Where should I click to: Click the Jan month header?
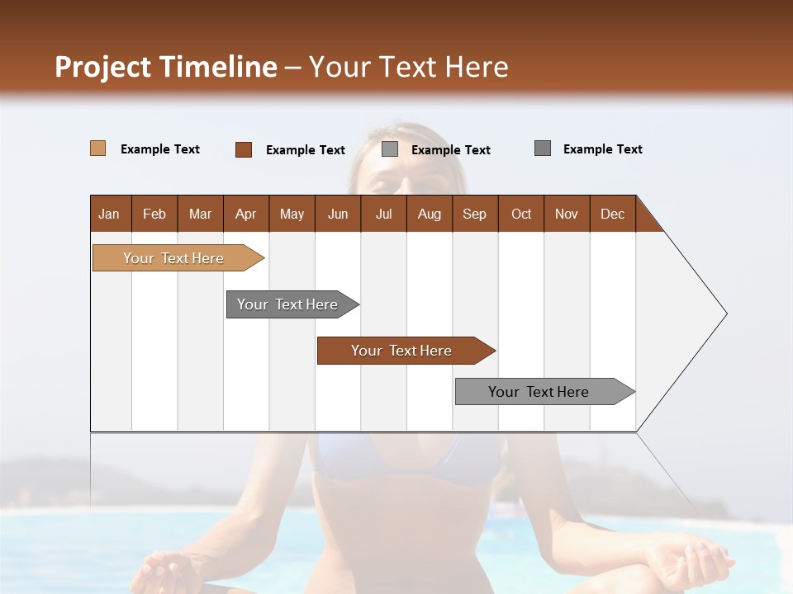(110, 214)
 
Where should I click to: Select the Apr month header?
(245, 214)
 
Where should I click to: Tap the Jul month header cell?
(383, 214)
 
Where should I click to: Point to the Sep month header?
(474, 214)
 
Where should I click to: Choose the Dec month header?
(612, 214)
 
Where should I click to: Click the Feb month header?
(154, 214)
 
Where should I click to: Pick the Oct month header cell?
(521, 214)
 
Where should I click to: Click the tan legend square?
(97, 148)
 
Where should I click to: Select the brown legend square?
(244, 149)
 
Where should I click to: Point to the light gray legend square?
(390, 149)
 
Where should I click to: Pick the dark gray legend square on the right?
(543, 148)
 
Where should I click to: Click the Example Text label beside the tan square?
(160, 149)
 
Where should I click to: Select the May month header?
(292, 214)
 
